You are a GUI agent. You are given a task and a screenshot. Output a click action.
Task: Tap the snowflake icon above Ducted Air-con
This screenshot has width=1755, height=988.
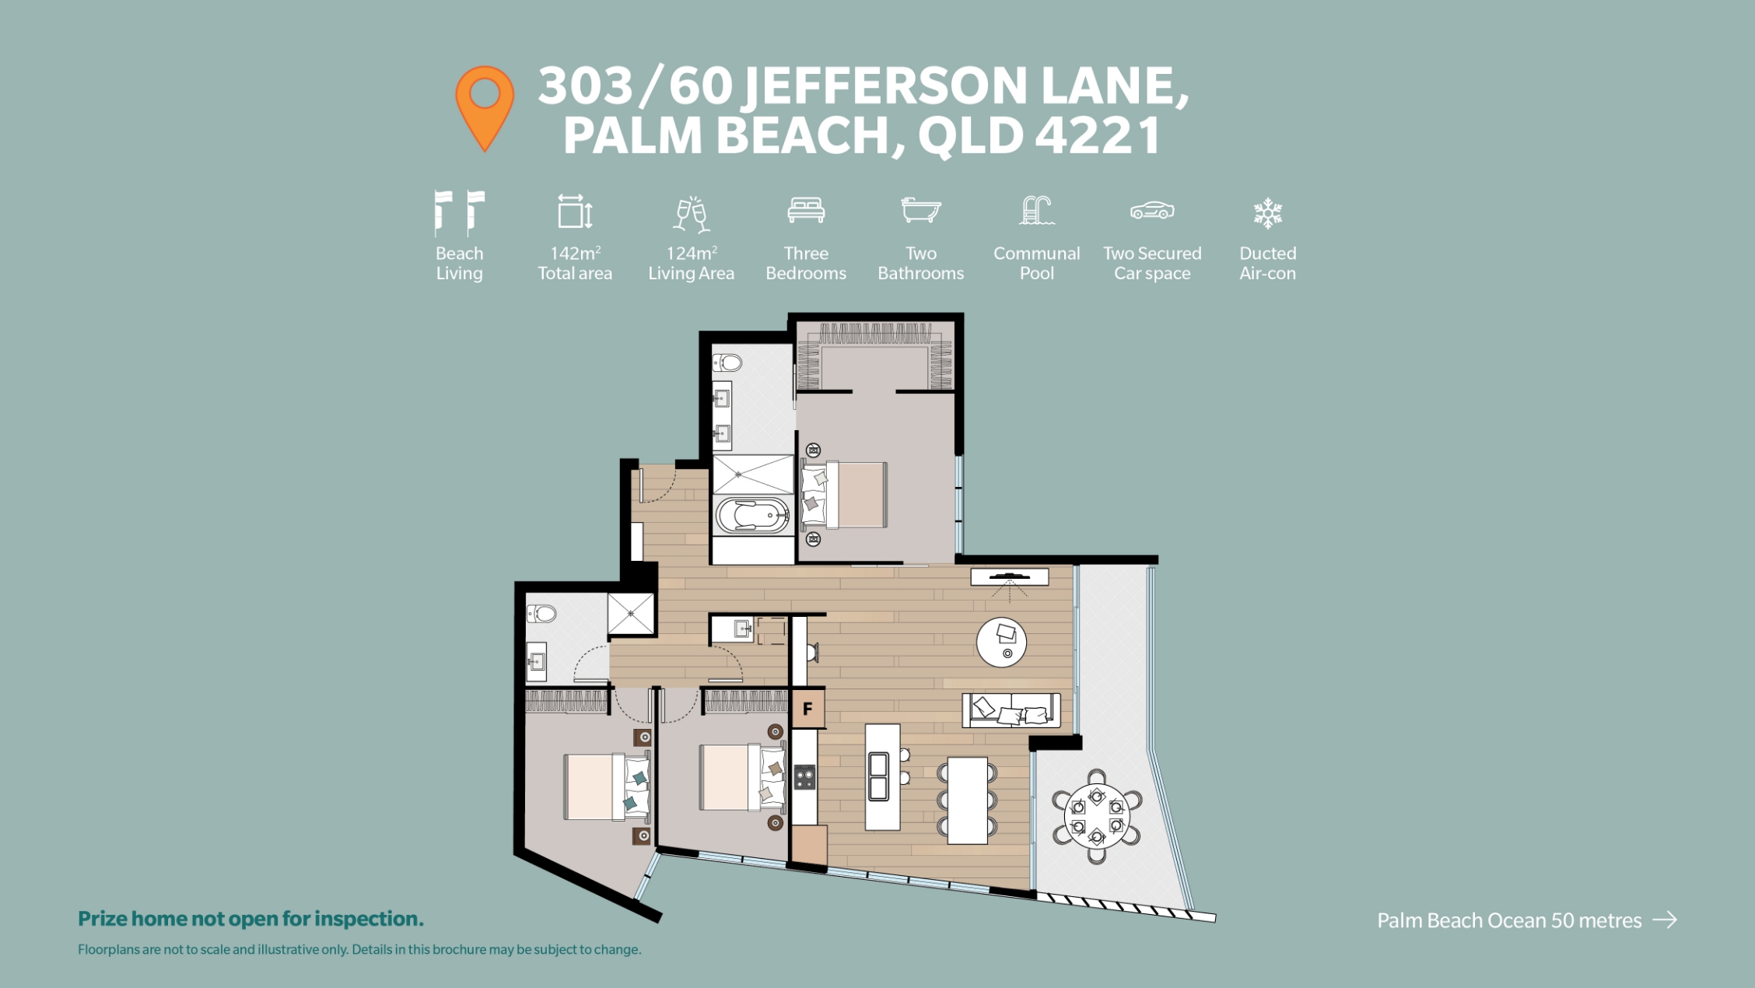pos(1267,212)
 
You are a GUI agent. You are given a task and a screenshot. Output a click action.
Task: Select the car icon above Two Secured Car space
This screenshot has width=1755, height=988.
pos(1152,211)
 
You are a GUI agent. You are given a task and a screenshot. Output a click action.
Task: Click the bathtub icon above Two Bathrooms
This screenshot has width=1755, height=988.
pos(921,210)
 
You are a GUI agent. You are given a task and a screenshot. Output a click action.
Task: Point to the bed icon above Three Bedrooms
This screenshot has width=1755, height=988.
pos(806,210)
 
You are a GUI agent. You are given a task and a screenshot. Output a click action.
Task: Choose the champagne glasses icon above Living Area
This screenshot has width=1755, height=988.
pos(691,214)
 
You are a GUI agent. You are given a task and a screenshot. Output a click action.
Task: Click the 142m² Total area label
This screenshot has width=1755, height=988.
pos(575,263)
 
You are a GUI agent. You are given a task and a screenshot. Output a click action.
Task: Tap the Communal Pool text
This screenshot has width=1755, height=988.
pos(1036,263)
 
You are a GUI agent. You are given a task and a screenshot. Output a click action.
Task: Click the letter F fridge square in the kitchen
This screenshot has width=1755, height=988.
pos(807,709)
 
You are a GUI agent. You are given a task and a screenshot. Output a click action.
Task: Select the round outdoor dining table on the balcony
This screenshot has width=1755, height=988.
pos(1096,815)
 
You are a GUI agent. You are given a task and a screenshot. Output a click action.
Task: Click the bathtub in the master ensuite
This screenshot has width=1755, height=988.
pos(752,516)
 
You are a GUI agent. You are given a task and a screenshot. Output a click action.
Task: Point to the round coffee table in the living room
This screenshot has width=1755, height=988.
pos(1001,643)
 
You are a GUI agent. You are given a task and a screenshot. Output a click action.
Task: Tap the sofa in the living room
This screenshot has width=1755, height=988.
pos(1011,710)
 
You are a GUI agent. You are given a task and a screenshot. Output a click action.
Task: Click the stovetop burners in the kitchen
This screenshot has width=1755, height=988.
pos(804,777)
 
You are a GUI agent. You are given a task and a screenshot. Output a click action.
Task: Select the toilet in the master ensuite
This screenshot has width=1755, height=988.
pos(727,363)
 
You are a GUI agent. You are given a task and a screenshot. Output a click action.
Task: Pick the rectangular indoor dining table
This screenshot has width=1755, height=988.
pos(968,801)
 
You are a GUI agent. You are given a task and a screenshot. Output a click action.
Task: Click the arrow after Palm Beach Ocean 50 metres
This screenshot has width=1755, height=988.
pos(1665,920)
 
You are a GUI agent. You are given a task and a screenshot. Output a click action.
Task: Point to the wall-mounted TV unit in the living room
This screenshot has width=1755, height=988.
pos(1010,576)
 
